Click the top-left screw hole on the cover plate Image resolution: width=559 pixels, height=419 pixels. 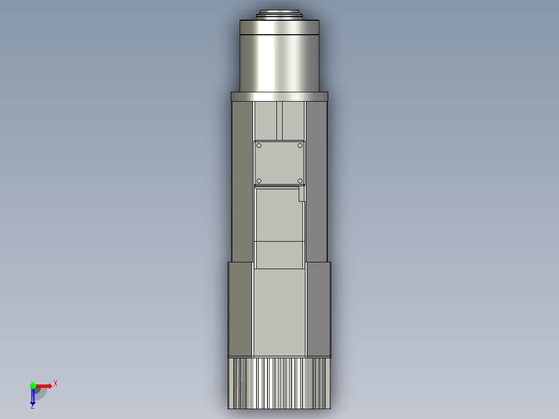[x=259, y=146]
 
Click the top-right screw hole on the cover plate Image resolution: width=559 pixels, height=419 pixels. [x=300, y=146]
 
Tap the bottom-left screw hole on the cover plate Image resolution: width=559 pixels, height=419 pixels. [x=259, y=180]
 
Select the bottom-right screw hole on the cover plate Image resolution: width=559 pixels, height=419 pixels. [x=300, y=180]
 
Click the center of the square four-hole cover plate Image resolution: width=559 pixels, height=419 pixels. [x=279, y=163]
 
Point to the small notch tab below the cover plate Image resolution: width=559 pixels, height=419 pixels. [x=301, y=194]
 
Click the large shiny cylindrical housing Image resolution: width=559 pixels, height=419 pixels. [x=279, y=57]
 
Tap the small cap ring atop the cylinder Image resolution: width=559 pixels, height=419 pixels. [x=279, y=14]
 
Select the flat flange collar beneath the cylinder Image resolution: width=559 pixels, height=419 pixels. [x=279, y=96]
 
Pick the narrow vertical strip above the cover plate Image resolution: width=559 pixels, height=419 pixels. [x=279, y=121]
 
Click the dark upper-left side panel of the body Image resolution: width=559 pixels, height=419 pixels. [x=242, y=181]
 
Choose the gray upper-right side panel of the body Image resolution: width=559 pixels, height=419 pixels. [x=316, y=181]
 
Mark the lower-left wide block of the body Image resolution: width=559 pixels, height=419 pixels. [x=240, y=310]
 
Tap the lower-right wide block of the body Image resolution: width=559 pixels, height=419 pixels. [x=318, y=310]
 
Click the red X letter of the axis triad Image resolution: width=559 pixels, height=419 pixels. [x=55, y=383]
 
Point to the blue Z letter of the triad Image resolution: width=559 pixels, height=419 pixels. [x=32, y=407]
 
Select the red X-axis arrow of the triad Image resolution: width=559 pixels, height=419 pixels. [x=44, y=386]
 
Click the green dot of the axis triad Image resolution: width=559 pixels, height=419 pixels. [x=33, y=385]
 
